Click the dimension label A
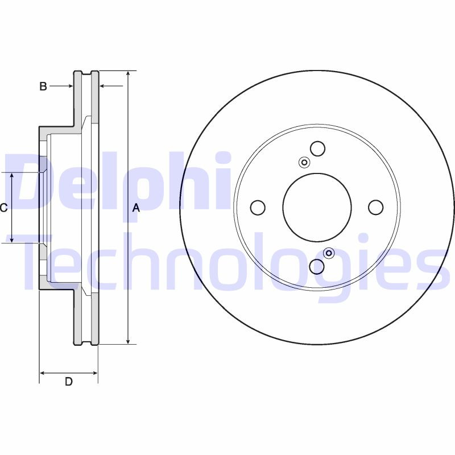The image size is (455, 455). pos(136,208)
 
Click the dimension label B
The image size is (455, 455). pos(43,86)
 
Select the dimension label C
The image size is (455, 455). pos(3,208)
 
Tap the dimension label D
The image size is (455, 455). pos(68,382)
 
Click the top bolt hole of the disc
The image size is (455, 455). pos(317,149)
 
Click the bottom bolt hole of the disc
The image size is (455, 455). pos(317,267)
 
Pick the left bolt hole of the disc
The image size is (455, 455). pos(258,208)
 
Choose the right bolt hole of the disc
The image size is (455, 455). pos(376,208)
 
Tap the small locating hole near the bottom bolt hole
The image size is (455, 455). pos(329,253)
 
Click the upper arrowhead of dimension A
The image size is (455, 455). pos(129,75)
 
